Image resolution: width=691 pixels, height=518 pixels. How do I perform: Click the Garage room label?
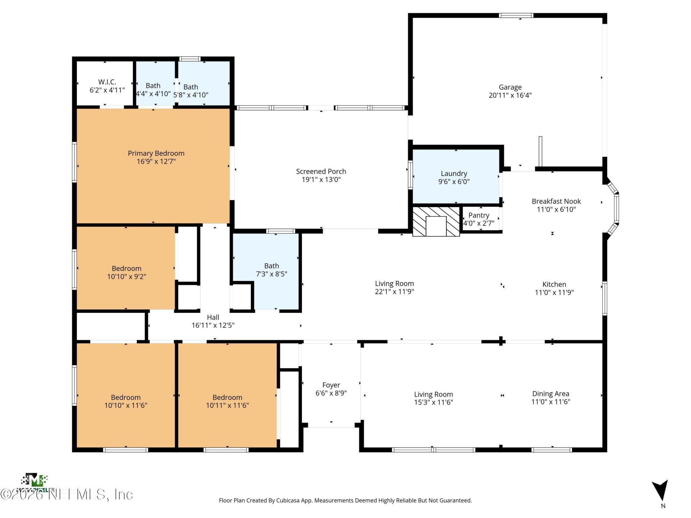coord(510,87)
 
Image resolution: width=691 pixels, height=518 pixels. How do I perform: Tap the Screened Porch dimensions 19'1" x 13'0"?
coord(321,180)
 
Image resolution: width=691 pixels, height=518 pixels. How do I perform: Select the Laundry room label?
coord(454,173)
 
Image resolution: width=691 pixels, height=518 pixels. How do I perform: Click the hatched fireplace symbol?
coord(436,222)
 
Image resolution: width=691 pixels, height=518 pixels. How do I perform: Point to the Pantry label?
coord(479,215)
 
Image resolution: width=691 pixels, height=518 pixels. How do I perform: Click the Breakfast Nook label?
coord(556,201)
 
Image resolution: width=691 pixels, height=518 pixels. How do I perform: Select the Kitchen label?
coord(554,284)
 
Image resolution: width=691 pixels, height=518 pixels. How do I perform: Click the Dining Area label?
coord(551,394)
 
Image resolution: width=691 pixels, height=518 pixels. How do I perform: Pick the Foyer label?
coord(331,385)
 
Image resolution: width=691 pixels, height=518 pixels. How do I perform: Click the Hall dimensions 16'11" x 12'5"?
coord(213,325)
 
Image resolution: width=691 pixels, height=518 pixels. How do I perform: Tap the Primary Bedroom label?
coord(156,153)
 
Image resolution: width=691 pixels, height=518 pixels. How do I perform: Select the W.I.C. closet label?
coord(107,82)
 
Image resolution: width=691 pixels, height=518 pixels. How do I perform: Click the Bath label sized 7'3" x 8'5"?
coord(271,266)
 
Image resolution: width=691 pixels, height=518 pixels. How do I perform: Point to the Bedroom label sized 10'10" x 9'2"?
coord(126,268)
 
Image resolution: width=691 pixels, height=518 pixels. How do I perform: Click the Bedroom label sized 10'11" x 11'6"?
coord(227,397)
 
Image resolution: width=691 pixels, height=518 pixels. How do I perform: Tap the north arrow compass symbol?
coord(660,491)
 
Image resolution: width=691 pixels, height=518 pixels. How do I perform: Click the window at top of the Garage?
coord(516,15)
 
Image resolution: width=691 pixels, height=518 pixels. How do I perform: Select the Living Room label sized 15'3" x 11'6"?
coord(433,394)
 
